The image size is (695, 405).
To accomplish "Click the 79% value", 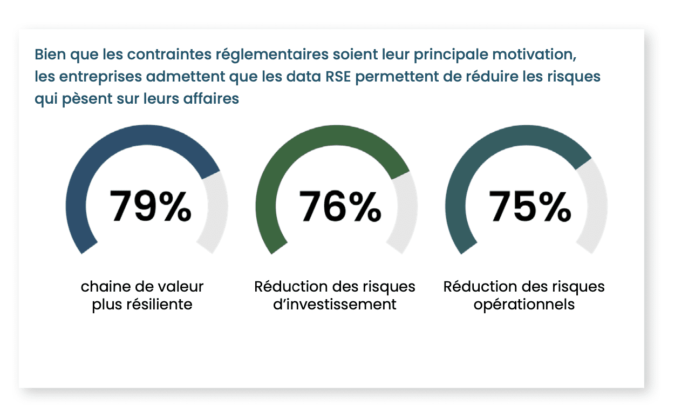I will tap(150, 206).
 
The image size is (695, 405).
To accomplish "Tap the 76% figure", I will tap(340, 206).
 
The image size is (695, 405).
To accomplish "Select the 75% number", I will tap(530, 206).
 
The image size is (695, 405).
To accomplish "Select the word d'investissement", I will tap(335, 305).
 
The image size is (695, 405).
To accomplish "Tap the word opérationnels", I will tap(524, 305).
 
